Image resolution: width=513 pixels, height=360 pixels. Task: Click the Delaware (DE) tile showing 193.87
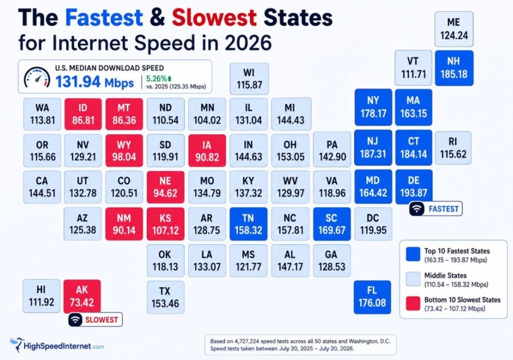tap(414, 187)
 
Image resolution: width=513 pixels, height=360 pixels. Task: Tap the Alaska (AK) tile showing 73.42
tap(82, 296)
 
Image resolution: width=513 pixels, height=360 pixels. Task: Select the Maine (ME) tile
tap(454, 29)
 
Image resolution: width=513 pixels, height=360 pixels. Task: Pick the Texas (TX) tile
tap(165, 297)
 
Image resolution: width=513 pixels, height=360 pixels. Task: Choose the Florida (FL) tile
tap(372, 297)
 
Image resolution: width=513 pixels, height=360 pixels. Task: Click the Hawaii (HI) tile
tap(41, 296)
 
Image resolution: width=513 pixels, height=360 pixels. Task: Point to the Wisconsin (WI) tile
tap(249, 79)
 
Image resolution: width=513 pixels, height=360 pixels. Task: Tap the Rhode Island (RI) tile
tap(453, 148)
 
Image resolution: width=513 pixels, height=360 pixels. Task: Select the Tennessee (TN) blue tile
tap(248, 224)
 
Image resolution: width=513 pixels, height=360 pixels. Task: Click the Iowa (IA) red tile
tap(207, 151)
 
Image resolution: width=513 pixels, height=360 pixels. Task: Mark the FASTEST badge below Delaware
tap(436, 208)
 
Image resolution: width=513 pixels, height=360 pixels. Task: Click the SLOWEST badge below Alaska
tap(95, 320)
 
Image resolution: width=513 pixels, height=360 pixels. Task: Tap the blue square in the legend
tap(413, 254)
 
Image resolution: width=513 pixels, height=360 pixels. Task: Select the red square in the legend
tap(413, 303)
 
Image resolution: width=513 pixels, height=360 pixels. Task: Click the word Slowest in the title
tap(214, 17)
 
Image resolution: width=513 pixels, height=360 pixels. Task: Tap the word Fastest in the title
tap(104, 17)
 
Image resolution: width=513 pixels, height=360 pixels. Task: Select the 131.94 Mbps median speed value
tap(94, 82)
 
